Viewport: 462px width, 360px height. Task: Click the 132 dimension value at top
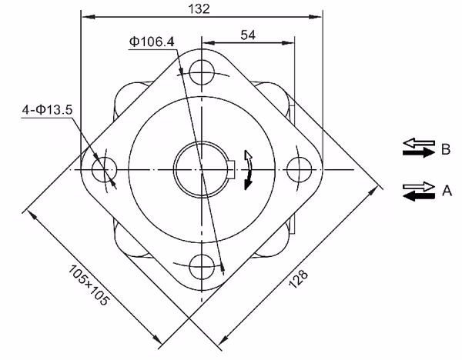click(x=199, y=8)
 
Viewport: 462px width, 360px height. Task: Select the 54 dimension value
click(x=248, y=35)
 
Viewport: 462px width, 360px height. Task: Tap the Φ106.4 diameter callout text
click(x=152, y=42)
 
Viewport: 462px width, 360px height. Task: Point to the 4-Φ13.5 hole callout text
click(x=47, y=110)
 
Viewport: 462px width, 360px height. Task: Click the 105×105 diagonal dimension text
click(x=89, y=285)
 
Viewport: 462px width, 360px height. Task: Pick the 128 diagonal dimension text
click(x=298, y=278)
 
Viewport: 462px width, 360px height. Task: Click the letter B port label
click(x=446, y=149)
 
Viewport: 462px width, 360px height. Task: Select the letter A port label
click(x=447, y=191)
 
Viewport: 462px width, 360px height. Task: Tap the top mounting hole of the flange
click(x=202, y=72)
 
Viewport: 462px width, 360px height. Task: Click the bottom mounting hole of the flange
click(x=202, y=267)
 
